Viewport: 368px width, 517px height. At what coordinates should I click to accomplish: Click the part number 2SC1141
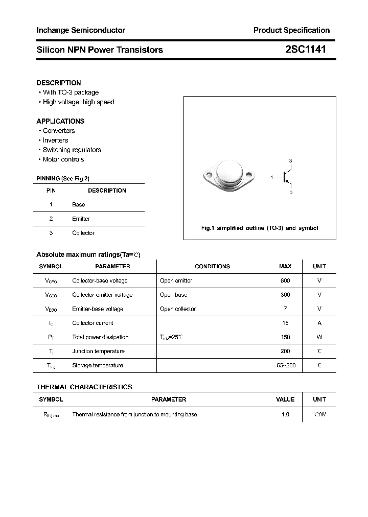(305, 50)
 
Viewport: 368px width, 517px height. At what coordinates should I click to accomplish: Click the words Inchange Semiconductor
(81, 31)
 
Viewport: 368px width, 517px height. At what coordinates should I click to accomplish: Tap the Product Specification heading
(291, 31)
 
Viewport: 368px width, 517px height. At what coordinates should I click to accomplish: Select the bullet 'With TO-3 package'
(71, 92)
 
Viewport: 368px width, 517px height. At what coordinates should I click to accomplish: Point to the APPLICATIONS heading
(60, 121)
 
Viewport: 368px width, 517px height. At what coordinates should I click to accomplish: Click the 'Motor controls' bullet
(63, 159)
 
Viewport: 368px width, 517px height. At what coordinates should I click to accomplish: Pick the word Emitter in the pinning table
(81, 219)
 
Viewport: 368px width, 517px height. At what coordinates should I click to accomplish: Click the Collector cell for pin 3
(83, 233)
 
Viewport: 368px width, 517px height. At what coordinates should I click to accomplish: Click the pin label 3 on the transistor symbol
(291, 161)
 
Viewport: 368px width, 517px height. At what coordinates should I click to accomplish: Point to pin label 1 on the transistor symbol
(272, 177)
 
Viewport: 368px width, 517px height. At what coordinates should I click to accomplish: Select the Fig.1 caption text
(259, 228)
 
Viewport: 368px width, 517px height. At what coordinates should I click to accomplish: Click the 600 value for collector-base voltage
(285, 280)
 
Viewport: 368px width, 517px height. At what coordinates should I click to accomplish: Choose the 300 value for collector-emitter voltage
(285, 295)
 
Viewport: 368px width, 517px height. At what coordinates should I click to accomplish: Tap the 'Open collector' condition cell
(178, 309)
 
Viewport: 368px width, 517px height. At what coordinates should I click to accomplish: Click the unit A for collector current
(319, 323)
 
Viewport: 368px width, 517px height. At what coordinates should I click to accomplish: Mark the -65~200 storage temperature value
(285, 365)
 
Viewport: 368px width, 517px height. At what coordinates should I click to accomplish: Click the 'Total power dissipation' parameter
(100, 337)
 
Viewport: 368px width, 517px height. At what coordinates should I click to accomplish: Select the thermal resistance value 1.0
(285, 414)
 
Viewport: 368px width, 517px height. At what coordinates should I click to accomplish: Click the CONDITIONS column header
(212, 266)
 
